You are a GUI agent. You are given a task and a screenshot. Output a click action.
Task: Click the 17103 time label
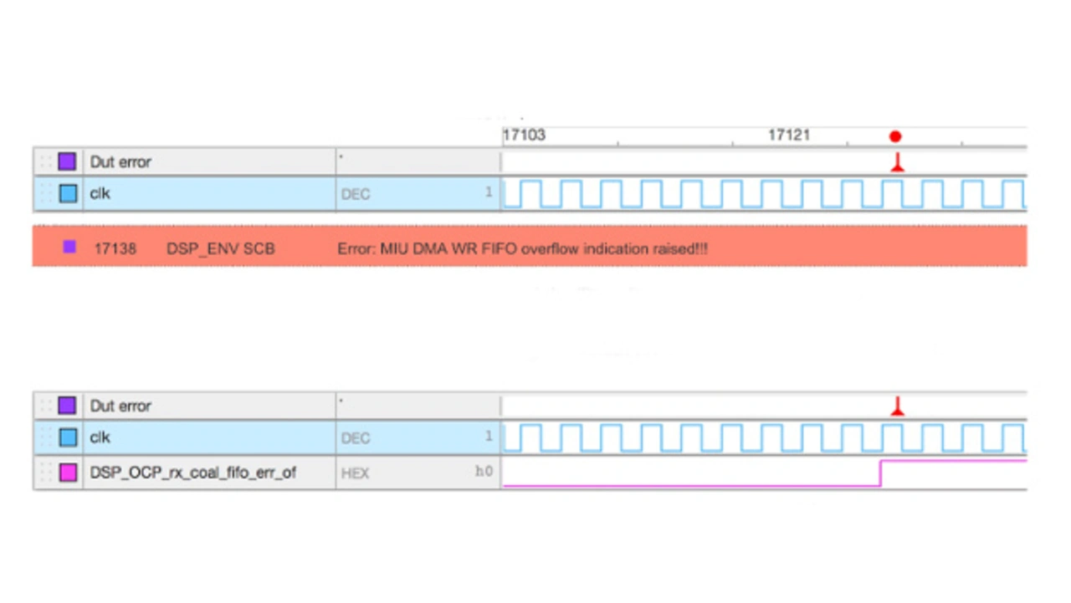(x=524, y=135)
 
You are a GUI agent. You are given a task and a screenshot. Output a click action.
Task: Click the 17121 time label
(x=789, y=135)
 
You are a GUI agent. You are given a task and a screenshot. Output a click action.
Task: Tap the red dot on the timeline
(x=895, y=136)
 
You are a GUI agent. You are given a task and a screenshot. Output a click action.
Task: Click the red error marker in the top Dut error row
(x=897, y=163)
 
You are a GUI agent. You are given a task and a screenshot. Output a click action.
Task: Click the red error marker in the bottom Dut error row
(x=897, y=407)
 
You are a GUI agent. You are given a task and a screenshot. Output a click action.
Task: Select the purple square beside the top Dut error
(x=67, y=161)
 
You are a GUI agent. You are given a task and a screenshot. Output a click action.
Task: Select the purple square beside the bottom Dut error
(x=67, y=406)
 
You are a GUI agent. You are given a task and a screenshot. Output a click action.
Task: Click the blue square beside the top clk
(x=68, y=194)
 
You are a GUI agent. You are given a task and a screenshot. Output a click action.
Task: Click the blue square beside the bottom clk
(x=68, y=437)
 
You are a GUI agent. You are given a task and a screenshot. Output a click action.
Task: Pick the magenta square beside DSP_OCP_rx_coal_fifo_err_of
(x=68, y=473)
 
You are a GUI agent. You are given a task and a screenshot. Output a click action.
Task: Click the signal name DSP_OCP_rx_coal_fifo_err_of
(x=192, y=473)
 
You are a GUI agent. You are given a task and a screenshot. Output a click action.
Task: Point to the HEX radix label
(x=355, y=473)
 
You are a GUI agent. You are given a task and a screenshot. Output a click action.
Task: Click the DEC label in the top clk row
(x=355, y=195)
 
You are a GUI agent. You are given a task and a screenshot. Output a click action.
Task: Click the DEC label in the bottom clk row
(x=355, y=438)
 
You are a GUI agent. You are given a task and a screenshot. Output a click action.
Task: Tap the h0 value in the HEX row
(x=484, y=472)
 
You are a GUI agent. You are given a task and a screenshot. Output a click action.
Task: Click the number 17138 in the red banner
(x=115, y=248)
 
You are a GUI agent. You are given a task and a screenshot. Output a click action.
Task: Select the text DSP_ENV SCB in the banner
(x=220, y=248)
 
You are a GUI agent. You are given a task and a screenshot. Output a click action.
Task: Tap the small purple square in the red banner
(x=69, y=247)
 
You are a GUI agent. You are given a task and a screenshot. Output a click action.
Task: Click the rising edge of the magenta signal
(x=881, y=473)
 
